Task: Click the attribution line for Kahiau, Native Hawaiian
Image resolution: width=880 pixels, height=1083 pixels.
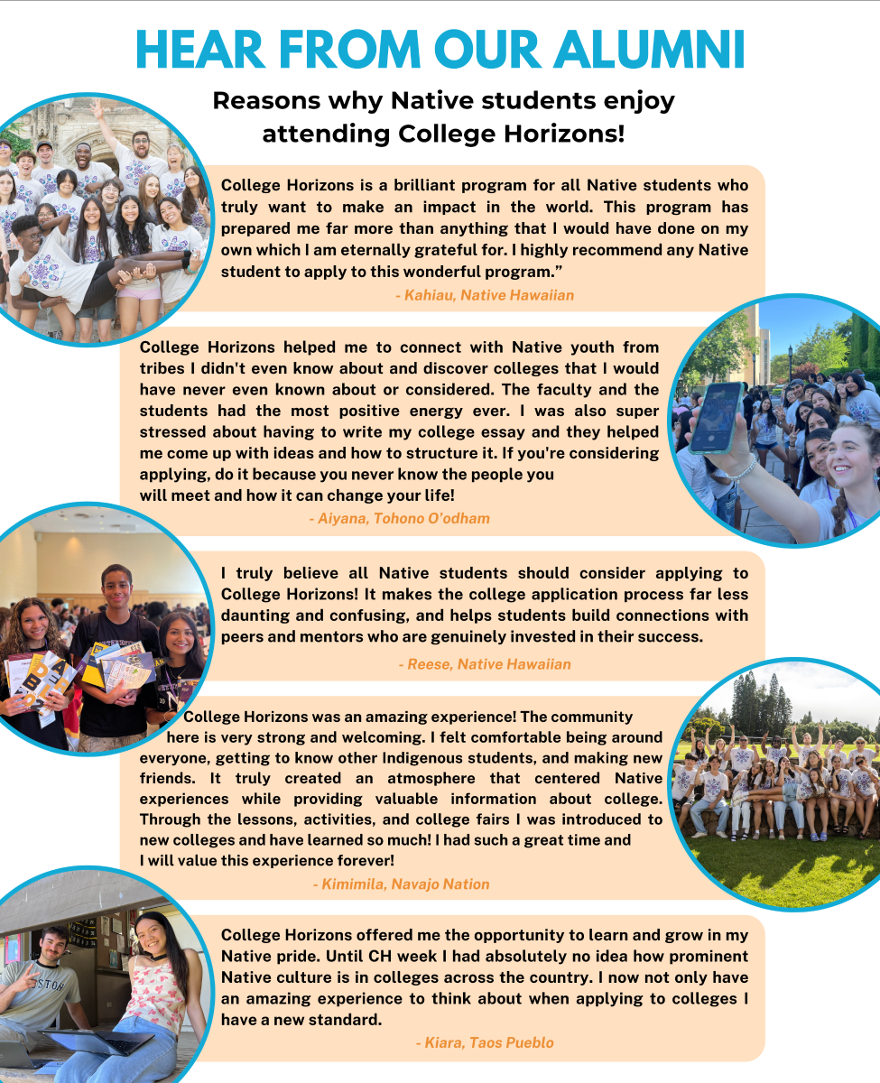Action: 485,295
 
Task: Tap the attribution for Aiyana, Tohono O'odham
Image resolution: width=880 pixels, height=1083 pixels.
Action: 399,518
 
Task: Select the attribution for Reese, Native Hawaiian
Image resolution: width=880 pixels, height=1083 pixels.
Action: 485,664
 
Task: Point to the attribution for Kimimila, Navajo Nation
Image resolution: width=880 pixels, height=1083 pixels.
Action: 401,884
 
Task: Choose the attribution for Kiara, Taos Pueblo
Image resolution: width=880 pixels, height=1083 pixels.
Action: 485,1042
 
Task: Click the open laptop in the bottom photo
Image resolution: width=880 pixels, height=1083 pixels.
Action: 99,1041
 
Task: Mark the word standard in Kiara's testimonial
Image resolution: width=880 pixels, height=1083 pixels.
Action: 347,1020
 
